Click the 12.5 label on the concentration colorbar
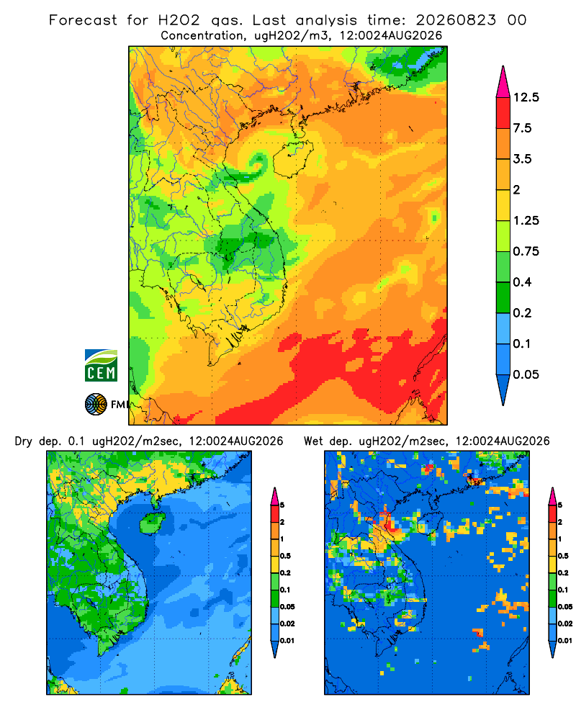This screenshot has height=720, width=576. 526,97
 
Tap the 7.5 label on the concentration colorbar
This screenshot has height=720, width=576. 522,128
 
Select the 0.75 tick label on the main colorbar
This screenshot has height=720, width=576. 526,251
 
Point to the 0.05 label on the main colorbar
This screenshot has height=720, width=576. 526,374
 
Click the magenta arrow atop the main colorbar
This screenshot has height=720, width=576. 503,82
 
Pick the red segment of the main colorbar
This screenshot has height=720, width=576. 503,113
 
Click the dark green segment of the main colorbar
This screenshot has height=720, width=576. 503,297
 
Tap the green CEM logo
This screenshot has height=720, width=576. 101,366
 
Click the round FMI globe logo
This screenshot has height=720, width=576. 96,405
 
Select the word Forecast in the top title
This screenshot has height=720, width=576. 83,20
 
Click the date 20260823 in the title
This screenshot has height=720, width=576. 456,20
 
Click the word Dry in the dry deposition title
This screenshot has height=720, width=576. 24,441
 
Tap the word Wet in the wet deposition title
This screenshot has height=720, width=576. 313,441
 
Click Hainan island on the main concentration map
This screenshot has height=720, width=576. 292,158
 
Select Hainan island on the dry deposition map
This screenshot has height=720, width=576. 152,523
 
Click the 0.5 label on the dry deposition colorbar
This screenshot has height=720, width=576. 285,556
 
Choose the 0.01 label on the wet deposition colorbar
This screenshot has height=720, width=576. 565,641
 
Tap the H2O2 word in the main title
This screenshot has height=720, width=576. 179,20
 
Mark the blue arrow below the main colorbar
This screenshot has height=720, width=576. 503,390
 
